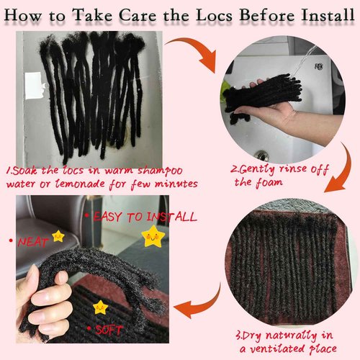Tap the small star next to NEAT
point(58,236)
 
